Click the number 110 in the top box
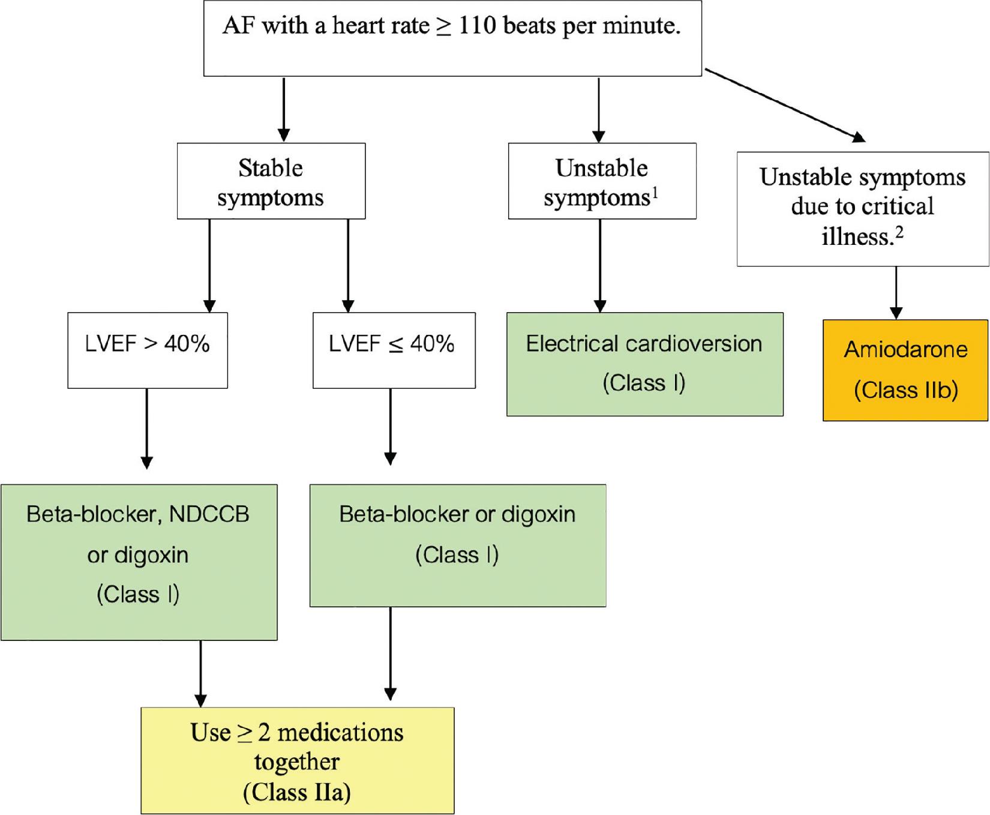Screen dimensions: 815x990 [x=478, y=26]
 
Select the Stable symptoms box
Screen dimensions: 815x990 [x=271, y=181]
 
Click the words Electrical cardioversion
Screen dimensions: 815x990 [x=644, y=344]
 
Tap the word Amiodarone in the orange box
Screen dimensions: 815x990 [x=905, y=349]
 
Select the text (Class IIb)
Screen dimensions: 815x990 [x=905, y=390]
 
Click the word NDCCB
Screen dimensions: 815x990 [x=209, y=514]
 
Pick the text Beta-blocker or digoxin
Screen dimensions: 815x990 [x=457, y=514]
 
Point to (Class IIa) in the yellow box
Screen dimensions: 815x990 [x=297, y=792]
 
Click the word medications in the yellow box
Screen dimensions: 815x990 [x=340, y=733]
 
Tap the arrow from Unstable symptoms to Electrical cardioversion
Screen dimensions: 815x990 [x=600, y=264]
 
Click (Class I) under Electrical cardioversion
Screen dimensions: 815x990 [x=644, y=383]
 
